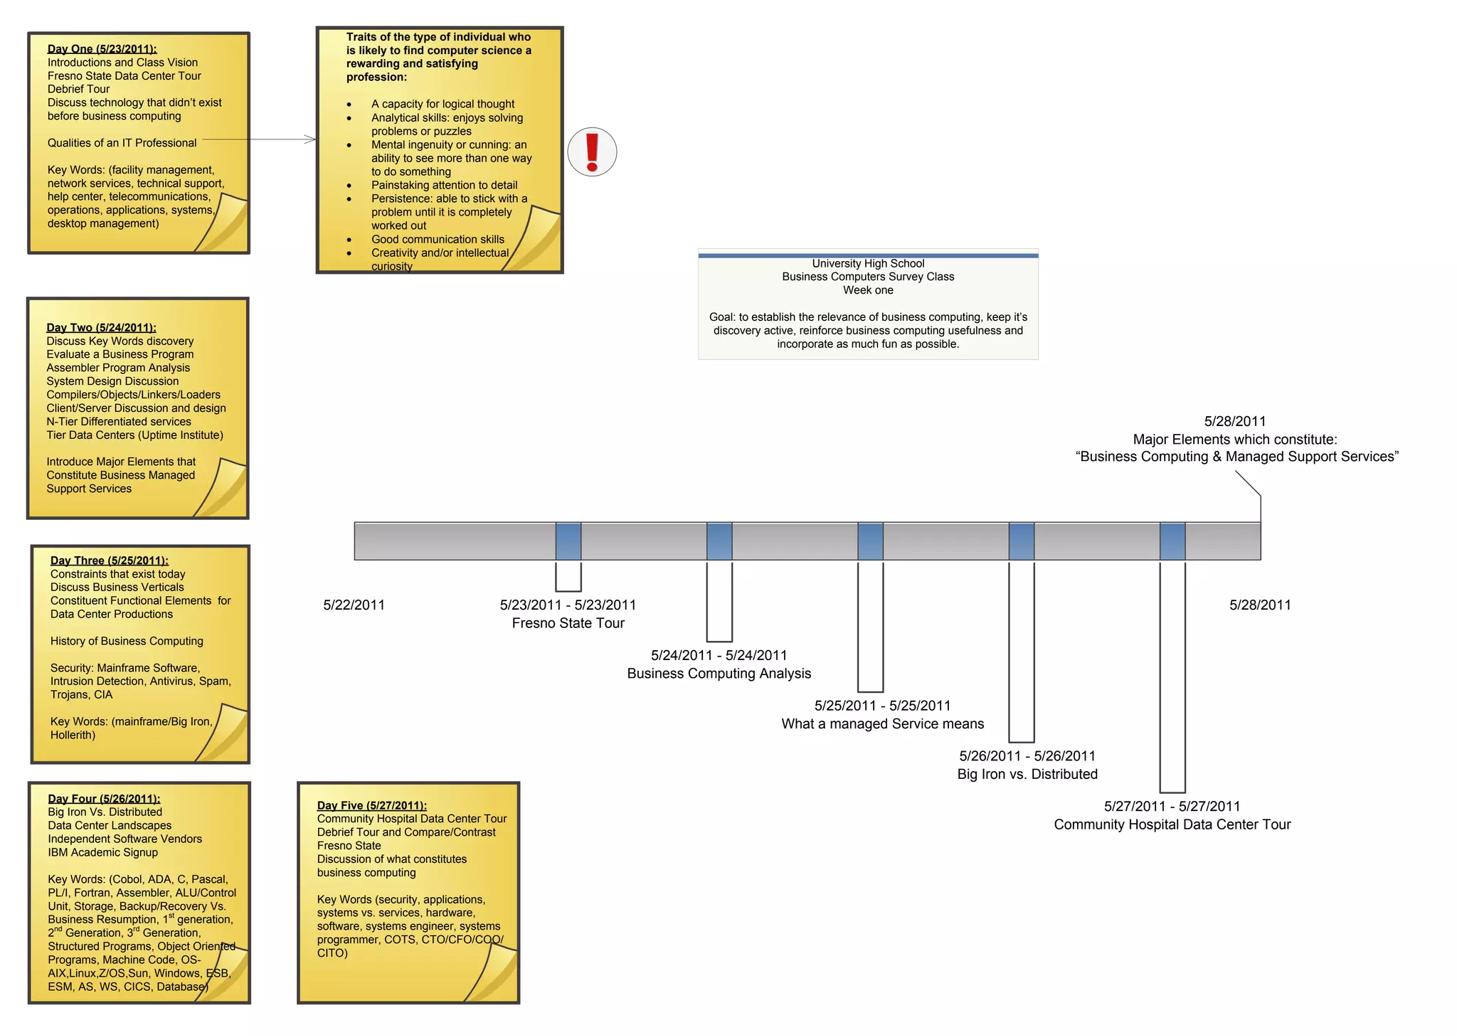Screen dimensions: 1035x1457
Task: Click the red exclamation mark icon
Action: coord(592,152)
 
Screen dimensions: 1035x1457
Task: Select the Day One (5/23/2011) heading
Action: coord(102,49)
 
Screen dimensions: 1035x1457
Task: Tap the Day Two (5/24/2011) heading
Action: coord(101,328)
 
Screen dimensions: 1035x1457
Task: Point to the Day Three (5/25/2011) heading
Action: coord(109,561)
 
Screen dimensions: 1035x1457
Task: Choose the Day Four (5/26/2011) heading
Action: coord(104,799)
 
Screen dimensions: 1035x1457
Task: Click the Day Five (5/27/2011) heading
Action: coord(371,805)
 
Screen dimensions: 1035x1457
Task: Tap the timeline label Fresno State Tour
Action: coord(568,623)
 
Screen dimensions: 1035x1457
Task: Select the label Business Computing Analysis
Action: coord(719,674)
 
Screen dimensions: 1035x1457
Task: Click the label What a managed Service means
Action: coord(882,724)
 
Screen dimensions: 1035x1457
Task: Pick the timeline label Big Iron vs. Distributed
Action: coord(1027,774)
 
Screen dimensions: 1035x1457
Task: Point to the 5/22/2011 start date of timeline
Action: coord(354,605)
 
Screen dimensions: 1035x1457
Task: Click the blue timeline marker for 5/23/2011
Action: coord(568,541)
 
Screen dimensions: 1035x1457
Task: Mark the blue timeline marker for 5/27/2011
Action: coord(1172,541)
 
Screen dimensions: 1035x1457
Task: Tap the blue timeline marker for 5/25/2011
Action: coord(870,541)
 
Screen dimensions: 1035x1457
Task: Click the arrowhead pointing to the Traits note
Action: coord(311,139)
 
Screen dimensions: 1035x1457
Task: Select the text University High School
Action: coord(868,264)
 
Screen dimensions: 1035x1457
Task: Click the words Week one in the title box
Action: coord(868,290)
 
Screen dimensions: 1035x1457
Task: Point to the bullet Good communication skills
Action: coord(438,240)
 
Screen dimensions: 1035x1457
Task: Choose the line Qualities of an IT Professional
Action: coord(122,143)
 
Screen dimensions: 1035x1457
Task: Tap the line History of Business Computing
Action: coord(127,641)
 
